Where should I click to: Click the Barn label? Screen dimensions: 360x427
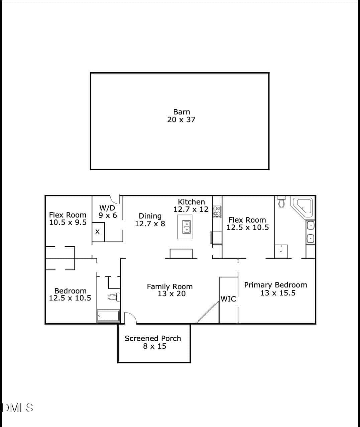182,112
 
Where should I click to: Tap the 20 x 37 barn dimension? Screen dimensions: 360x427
181,120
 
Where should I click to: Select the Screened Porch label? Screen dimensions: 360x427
153,338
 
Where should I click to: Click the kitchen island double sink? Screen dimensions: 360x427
187,227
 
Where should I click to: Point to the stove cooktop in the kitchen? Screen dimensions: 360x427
217,211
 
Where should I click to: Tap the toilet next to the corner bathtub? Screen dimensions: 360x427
281,202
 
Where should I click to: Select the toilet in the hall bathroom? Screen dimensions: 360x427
114,297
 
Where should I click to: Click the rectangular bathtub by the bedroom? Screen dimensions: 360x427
108,316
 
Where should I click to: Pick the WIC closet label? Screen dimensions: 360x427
228,299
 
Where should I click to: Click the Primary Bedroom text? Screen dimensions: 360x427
276,285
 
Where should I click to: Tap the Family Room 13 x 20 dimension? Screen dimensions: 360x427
171,294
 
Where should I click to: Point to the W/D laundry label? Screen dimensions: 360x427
107,208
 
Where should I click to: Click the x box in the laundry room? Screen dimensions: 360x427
98,232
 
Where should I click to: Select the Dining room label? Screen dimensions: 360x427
150,216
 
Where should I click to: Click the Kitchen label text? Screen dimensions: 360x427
191,202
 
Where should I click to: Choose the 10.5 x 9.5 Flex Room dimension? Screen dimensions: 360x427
68,222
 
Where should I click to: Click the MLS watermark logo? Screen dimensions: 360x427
17,408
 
